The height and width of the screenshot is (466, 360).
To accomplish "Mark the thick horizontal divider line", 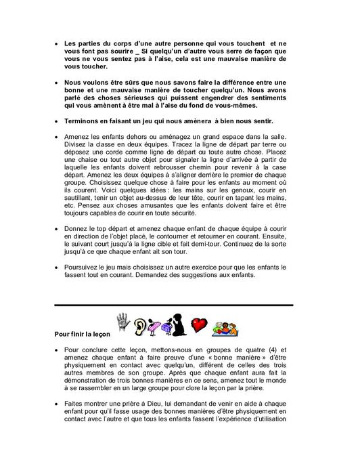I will pyautogui.click(x=173, y=305).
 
